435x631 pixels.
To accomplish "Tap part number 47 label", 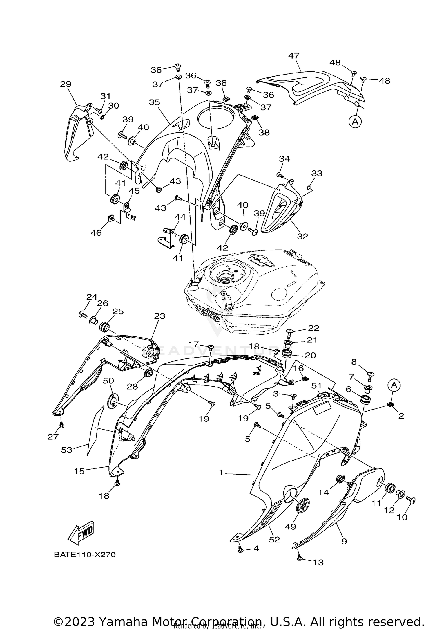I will click(293, 56).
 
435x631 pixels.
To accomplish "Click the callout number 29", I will click(66, 84).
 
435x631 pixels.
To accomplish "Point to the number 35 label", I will click(155, 102).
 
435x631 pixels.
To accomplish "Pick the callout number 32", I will click(302, 236).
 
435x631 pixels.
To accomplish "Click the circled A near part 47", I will click(355, 122).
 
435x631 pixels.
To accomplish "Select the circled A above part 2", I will click(394, 385).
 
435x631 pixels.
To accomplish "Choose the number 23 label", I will click(159, 316).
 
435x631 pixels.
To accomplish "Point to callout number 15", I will click(79, 471).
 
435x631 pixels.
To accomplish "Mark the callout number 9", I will click(344, 541).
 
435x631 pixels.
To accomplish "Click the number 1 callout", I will click(221, 473).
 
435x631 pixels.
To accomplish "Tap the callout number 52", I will click(274, 539).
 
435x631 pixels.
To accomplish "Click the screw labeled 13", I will click(300, 558).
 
